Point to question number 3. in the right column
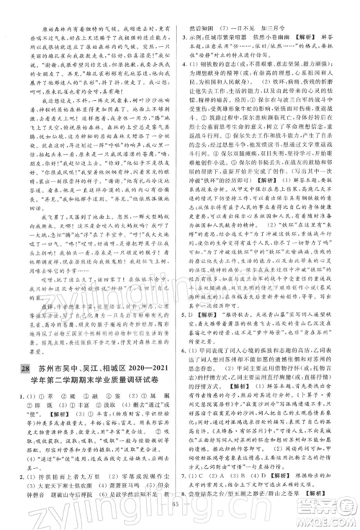coord(186,34)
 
